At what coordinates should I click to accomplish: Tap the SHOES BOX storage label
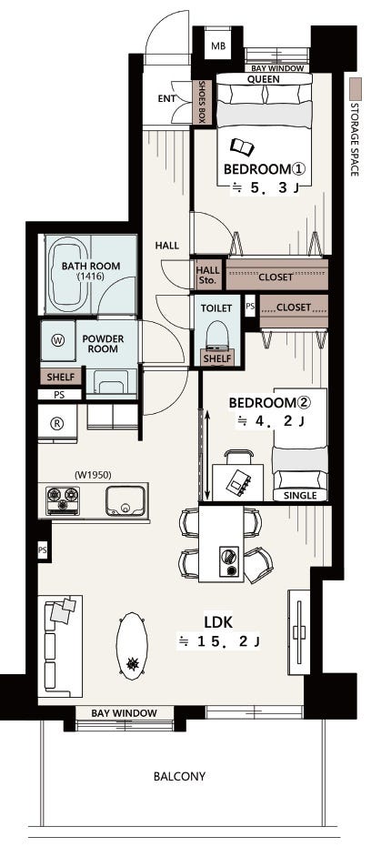(x=202, y=102)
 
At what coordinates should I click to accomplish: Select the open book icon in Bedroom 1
(x=242, y=146)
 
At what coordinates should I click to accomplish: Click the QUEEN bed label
(x=264, y=79)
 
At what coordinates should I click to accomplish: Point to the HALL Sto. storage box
(x=207, y=275)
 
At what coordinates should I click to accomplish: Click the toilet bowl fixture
(x=217, y=335)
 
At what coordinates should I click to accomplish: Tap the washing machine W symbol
(x=58, y=340)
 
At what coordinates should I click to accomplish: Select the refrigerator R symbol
(x=55, y=422)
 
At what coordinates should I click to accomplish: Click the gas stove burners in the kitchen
(x=63, y=499)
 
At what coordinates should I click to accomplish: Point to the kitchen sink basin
(x=125, y=500)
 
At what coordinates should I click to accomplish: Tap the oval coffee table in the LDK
(x=132, y=646)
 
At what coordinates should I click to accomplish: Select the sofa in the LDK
(x=60, y=646)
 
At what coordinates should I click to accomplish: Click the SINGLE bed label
(x=301, y=496)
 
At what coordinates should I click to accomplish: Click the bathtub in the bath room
(x=69, y=275)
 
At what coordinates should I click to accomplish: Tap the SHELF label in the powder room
(x=61, y=377)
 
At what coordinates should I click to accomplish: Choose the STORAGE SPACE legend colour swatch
(x=356, y=88)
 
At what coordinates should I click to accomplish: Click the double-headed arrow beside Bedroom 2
(x=207, y=455)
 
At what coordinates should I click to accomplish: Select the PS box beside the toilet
(x=250, y=307)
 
